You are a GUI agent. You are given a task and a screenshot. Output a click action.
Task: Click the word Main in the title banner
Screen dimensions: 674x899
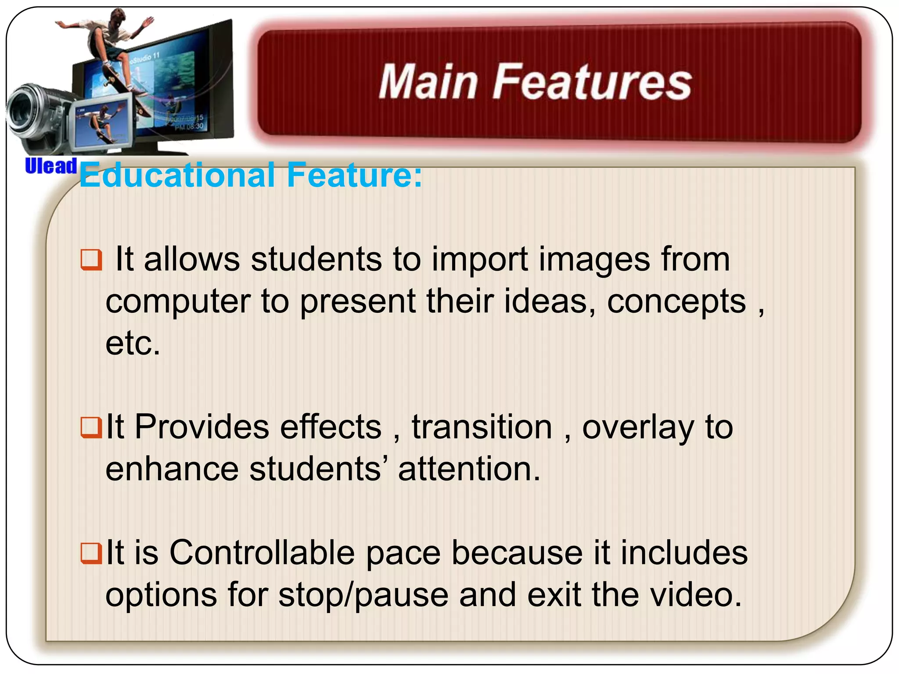click(428, 82)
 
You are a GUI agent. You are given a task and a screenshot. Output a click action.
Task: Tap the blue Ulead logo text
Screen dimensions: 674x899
click(51, 166)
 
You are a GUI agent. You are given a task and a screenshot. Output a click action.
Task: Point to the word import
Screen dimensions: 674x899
click(480, 260)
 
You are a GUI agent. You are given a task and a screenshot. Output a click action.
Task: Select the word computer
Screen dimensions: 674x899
click(178, 302)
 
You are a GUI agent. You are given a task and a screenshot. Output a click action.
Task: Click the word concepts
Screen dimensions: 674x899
click(676, 302)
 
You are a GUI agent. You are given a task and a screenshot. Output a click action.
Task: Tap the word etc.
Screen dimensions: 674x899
click(133, 344)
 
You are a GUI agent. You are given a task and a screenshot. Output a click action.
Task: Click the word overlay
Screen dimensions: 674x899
click(638, 428)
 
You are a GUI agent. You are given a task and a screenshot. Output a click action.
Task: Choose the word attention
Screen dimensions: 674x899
click(469, 469)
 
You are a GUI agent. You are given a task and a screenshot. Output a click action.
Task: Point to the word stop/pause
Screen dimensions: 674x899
click(364, 595)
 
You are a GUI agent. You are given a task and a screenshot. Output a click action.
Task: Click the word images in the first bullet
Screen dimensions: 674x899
click(594, 260)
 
